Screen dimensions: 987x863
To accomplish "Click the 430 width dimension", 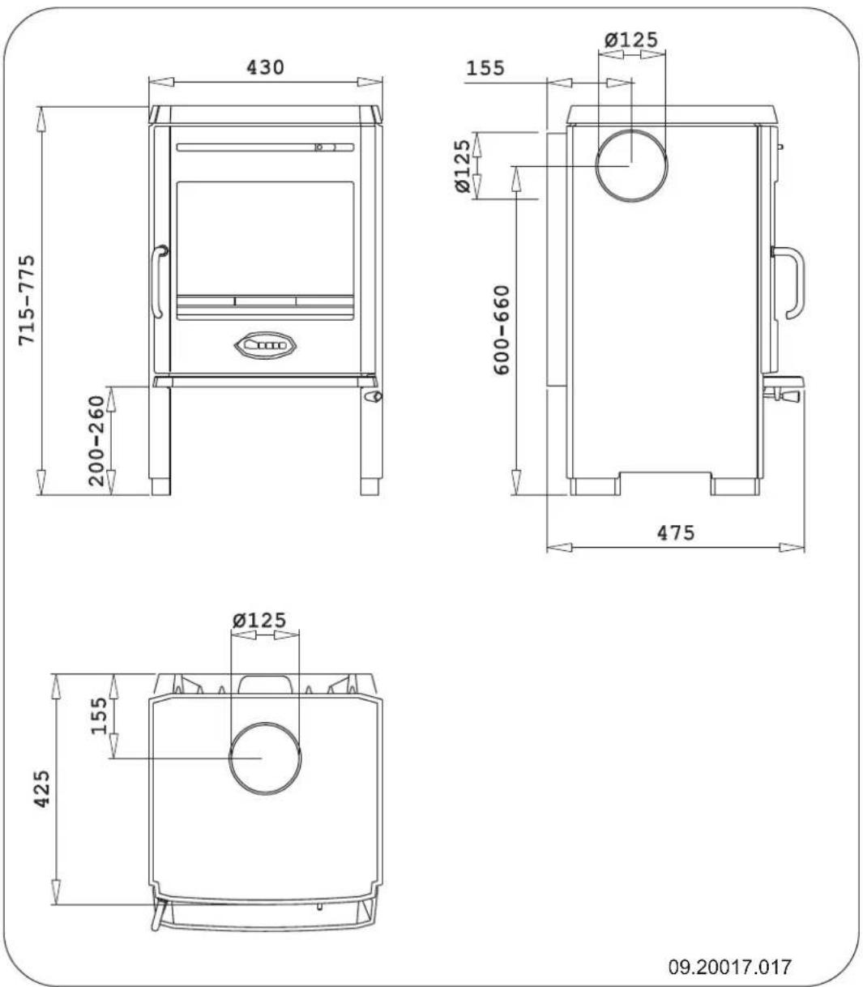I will [265, 67].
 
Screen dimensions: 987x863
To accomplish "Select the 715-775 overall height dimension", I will [28, 300].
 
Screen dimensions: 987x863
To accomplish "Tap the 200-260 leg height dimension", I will [98, 440].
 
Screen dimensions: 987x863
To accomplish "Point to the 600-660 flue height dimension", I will [502, 328].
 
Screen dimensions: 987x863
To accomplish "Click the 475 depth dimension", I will [675, 533].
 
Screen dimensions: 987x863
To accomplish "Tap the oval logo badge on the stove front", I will [265, 345].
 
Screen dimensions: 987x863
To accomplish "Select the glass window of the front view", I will [265, 237].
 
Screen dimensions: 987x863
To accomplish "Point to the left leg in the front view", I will [160, 438].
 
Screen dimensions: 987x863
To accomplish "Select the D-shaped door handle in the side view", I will [789, 284].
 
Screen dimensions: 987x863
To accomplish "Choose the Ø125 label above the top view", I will [259, 621].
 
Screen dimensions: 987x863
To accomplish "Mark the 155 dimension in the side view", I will [485, 68].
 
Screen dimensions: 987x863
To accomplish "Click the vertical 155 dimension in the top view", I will [98, 716].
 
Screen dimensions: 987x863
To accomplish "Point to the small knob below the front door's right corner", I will [374, 397].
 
